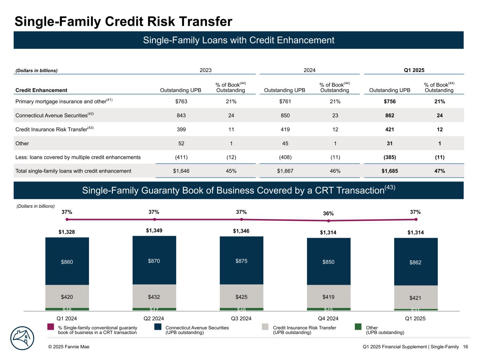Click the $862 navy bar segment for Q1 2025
pyautogui.click(x=416, y=262)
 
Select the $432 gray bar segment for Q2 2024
pyautogui.click(x=154, y=296)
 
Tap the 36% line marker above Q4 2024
pyautogui.click(x=328, y=221)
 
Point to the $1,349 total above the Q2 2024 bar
pyautogui.click(x=154, y=231)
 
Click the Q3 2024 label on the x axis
pyautogui.click(x=241, y=319)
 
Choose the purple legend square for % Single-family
pyautogui.click(x=51, y=327)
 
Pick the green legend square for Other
pyautogui.click(x=358, y=327)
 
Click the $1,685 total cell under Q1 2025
pyautogui.click(x=390, y=171)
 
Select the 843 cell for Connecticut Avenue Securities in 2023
pyautogui.click(x=181, y=115)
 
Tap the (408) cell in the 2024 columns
pyautogui.click(x=285, y=157)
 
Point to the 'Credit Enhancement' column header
pyautogui.click(x=41, y=90)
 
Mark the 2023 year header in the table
pyautogui.click(x=206, y=70)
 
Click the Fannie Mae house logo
pyautogui.click(x=22, y=339)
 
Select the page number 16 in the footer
pyautogui.click(x=466, y=347)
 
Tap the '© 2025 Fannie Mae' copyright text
pyautogui.click(x=69, y=347)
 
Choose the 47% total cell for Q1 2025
pyautogui.click(x=440, y=171)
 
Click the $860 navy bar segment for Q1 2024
pyautogui.click(x=67, y=262)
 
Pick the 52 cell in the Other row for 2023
pyautogui.click(x=181, y=143)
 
